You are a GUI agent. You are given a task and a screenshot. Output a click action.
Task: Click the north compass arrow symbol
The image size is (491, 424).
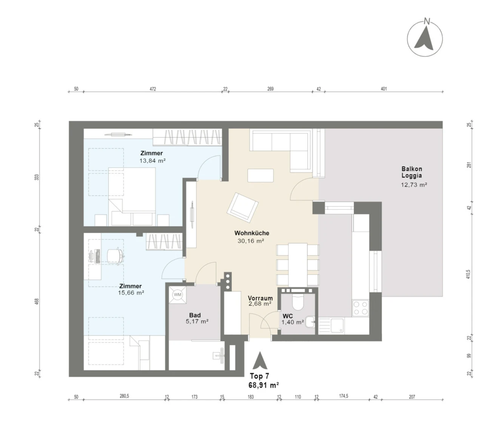425,39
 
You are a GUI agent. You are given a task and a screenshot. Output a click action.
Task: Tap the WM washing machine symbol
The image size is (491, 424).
178,295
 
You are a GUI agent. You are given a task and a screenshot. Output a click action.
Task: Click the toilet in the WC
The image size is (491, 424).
298,302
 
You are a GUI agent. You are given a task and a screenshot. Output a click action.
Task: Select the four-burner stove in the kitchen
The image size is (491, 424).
360,308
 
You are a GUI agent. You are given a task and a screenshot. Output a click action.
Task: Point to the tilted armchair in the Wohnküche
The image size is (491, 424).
242,208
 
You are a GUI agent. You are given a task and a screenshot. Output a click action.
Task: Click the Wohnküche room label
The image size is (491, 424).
252,233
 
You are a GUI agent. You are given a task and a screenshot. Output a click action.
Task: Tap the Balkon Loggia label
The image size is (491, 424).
412,172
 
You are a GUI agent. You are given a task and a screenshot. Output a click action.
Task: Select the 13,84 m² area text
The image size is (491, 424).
152,161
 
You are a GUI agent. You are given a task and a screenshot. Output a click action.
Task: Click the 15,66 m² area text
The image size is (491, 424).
131,293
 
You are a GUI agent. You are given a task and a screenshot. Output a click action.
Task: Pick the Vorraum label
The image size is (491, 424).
260,298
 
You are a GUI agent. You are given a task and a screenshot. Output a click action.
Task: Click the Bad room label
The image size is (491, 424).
195,315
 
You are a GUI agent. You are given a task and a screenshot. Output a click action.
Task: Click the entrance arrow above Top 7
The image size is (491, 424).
260,360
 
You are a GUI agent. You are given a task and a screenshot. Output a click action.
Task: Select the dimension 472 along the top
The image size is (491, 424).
153,89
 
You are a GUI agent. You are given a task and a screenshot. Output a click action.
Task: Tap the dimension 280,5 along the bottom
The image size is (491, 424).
124,396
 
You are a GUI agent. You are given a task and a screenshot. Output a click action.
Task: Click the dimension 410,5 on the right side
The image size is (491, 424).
468,274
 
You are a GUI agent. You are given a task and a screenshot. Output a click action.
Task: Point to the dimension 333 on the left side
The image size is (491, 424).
37,177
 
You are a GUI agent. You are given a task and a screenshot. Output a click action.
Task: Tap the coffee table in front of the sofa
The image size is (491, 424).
260,176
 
